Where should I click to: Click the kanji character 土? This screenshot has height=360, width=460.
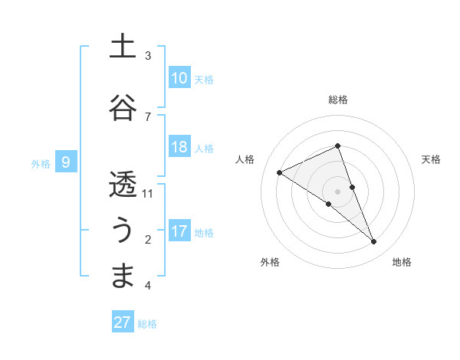point(123,47)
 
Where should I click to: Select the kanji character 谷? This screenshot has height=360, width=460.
point(123,106)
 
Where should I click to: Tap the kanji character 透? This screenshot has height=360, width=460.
point(123,185)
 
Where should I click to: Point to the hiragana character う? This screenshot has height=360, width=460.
point(123,229)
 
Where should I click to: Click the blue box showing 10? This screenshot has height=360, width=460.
point(179,78)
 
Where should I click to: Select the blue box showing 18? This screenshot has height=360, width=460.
point(179,147)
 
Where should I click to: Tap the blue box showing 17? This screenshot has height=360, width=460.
point(179,231)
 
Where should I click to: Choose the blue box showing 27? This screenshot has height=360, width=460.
point(123,322)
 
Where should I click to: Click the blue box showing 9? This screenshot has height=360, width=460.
point(67,162)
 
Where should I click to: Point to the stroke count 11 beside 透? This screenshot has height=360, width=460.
point(148,194)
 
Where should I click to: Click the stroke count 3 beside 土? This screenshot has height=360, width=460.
point(148,56)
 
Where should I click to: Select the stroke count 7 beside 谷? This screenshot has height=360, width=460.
point(148,116)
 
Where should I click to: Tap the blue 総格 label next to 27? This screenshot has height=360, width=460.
point(148,324)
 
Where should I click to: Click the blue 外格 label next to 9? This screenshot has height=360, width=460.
point(41,163)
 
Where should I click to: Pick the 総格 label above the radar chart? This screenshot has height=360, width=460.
point(338,100)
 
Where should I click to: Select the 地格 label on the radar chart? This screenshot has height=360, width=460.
point(402,262)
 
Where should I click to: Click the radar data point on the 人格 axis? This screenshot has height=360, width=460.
point(280,173)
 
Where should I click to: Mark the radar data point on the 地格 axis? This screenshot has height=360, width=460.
point(374,242)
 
